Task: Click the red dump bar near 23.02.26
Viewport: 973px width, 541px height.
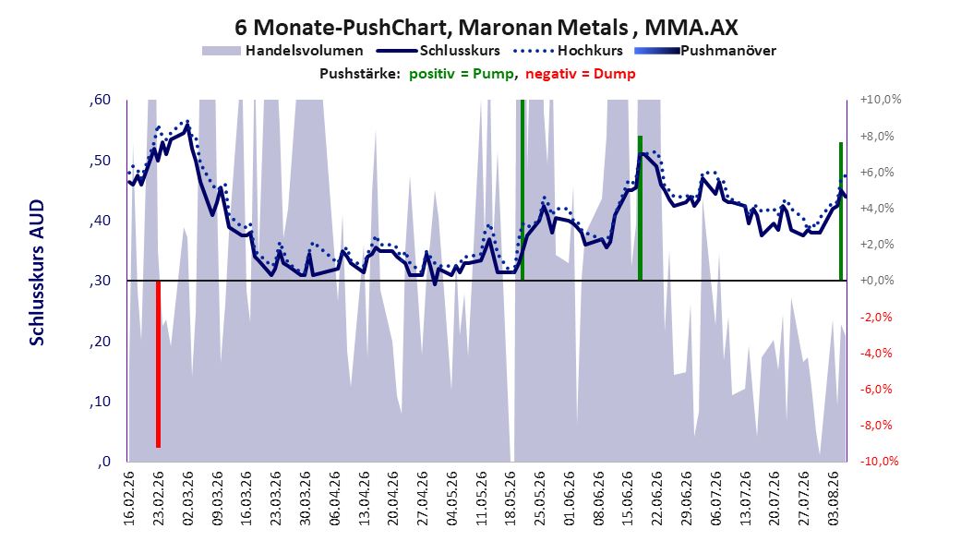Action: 158,364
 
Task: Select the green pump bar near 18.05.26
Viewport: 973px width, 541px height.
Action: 523,190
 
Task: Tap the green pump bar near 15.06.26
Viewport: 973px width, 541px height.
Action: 641,208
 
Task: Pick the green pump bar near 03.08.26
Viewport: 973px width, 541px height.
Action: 841,211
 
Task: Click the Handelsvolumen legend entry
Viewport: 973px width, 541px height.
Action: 282,51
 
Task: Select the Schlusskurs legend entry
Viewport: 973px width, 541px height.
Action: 438,51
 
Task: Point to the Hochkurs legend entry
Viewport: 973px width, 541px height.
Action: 568,51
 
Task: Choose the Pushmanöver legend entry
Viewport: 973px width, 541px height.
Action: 705,51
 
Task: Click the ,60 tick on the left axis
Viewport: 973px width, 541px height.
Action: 101,100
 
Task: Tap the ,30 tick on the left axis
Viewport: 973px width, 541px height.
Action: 101,281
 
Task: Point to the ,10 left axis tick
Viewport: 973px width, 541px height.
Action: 101,402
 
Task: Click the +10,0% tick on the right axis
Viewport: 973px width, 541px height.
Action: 881,100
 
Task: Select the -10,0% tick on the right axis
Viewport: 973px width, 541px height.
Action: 879,461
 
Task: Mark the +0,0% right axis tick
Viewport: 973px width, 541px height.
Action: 877,281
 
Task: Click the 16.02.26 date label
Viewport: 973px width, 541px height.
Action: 129,499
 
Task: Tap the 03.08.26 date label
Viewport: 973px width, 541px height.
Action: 835,499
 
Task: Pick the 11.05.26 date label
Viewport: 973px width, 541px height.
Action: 482,499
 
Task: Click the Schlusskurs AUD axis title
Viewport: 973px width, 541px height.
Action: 37,272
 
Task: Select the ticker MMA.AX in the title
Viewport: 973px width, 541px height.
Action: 691,28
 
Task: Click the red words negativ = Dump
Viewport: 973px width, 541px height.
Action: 581,74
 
